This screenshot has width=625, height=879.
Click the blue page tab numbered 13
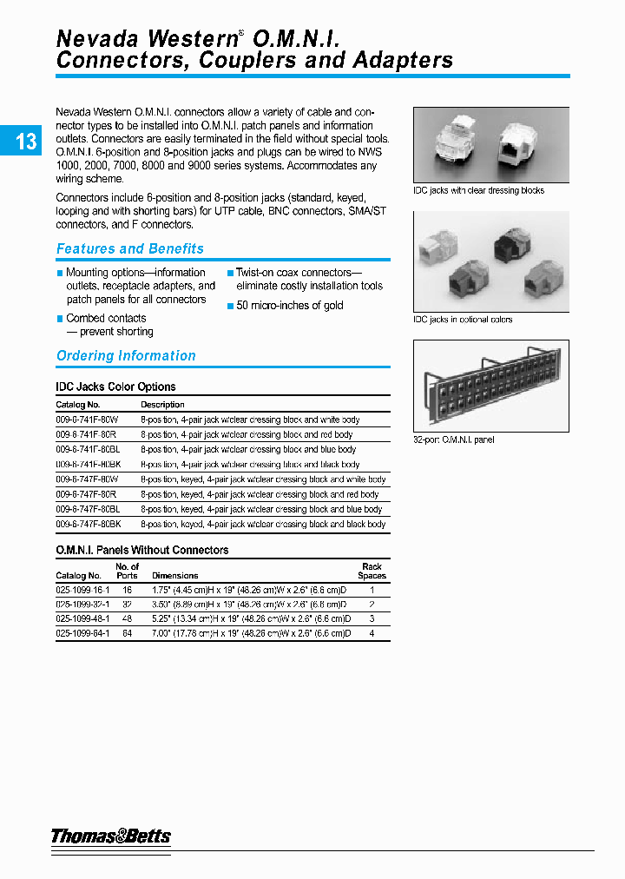[25, 141]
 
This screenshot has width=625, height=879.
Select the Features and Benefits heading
[129, 249]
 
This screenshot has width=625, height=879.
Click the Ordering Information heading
[126, 356]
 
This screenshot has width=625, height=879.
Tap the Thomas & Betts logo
[110, 836]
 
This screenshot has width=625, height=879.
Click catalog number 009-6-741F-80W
[87, 420]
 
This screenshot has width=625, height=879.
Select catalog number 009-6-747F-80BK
[89, 525]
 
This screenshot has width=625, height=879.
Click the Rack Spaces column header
[372, 571]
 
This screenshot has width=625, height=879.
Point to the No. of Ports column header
[127, 571]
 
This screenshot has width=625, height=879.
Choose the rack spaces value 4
[372, 634]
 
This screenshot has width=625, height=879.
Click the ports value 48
[127, 619]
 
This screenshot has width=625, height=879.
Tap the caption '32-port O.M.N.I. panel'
[453, 440]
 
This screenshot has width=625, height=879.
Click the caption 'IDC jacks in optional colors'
[463, 320]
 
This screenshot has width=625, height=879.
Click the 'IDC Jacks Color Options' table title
[115, 387]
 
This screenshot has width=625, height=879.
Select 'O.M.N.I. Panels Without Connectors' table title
[142, 551]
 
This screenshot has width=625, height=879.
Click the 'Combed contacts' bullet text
[106, 319]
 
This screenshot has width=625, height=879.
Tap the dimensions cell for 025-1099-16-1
[251, 590]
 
